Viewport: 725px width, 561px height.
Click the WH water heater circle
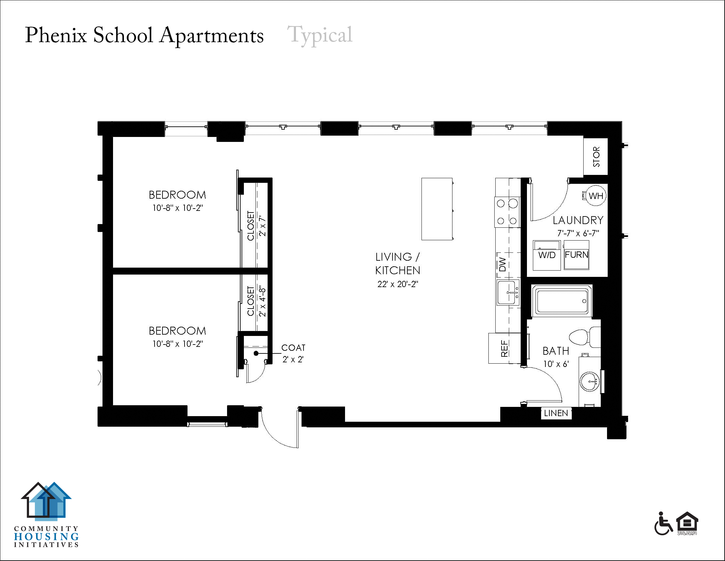pyautogui.click(x=596, y=196)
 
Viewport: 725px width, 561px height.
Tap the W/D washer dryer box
pyautogui.click(x=546, y=255)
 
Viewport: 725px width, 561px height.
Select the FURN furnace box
pyautogui.click(x=576, y=255)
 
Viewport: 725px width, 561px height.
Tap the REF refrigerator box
pyautogui.click(x=504, y=348)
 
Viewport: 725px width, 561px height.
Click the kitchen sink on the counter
pyautogui.click(x=508, y=293)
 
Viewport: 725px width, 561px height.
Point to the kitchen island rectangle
pyautogui.click(x=437, y=209)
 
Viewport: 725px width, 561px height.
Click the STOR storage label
pyautogui.click(x=596, y=156)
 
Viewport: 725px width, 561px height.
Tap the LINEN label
pyautogui.click(x=556, y=413)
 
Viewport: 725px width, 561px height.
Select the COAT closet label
pyautogui.click(x=293, y=347)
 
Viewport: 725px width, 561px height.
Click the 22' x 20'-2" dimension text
pyautogui.click(x=398, y=284)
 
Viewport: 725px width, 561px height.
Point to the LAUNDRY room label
pyautogui.click(x=578, y=220)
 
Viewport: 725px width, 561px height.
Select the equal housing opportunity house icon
pyautogui.click(x=687, y=522)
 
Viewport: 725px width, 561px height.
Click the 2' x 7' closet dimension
pyautogui.click(x=262, y=226)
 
